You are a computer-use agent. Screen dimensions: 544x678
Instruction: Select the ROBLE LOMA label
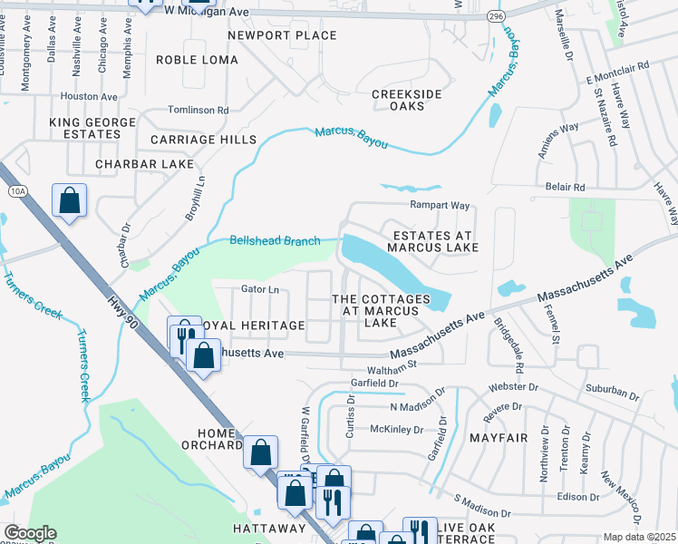tap(197, 60)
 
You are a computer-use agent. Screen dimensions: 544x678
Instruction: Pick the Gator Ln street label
tap(259, 289)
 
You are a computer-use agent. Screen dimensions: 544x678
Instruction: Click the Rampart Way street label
tap(439, 206)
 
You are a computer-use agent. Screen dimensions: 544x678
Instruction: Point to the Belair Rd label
tap(565, 187)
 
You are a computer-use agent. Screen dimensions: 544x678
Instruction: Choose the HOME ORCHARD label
tap(209, 439)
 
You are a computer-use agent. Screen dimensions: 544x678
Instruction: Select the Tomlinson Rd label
tap(199, 110)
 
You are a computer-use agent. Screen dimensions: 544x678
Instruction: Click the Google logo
tap(31, 533)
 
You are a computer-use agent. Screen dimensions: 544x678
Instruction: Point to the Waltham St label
tap(391, 368)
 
